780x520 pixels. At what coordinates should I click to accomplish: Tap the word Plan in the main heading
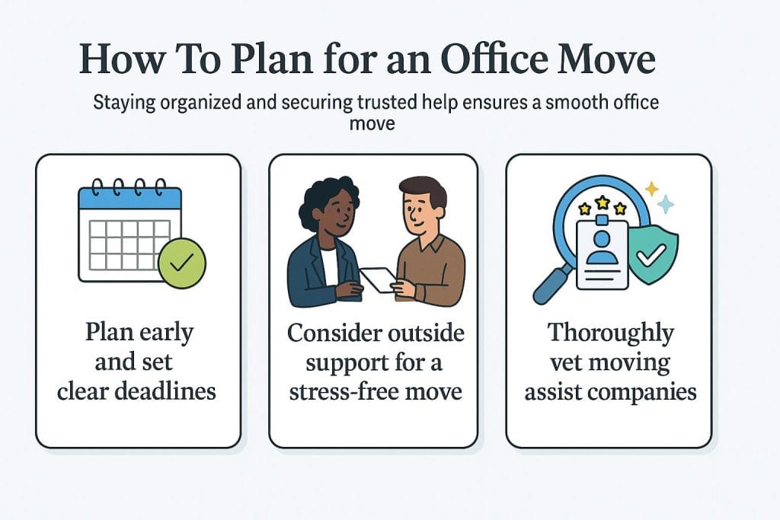coord(272,59)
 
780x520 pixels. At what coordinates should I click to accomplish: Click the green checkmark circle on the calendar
coord(182,263)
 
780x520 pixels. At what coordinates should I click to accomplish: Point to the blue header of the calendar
coord(129,198)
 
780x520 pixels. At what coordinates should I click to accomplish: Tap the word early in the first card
coord(167,333)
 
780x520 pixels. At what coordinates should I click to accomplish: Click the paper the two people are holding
coord(379,279)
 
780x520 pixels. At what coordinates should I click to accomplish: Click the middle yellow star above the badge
coord(603,203)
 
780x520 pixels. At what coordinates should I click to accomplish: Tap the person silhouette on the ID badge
coord(602,247)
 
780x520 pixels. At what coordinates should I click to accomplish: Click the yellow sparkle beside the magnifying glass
coord(651,189)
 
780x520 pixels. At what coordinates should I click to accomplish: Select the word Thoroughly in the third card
coord(610,333)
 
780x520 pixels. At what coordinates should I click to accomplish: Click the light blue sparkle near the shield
coord(666,204)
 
